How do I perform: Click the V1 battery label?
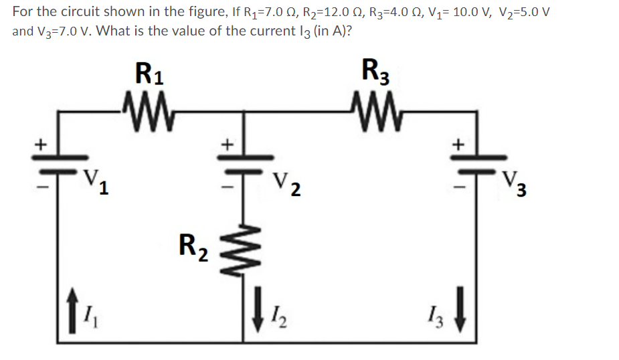[96, 181]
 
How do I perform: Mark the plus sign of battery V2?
[228, 143]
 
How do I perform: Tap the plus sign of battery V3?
[458, 143]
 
